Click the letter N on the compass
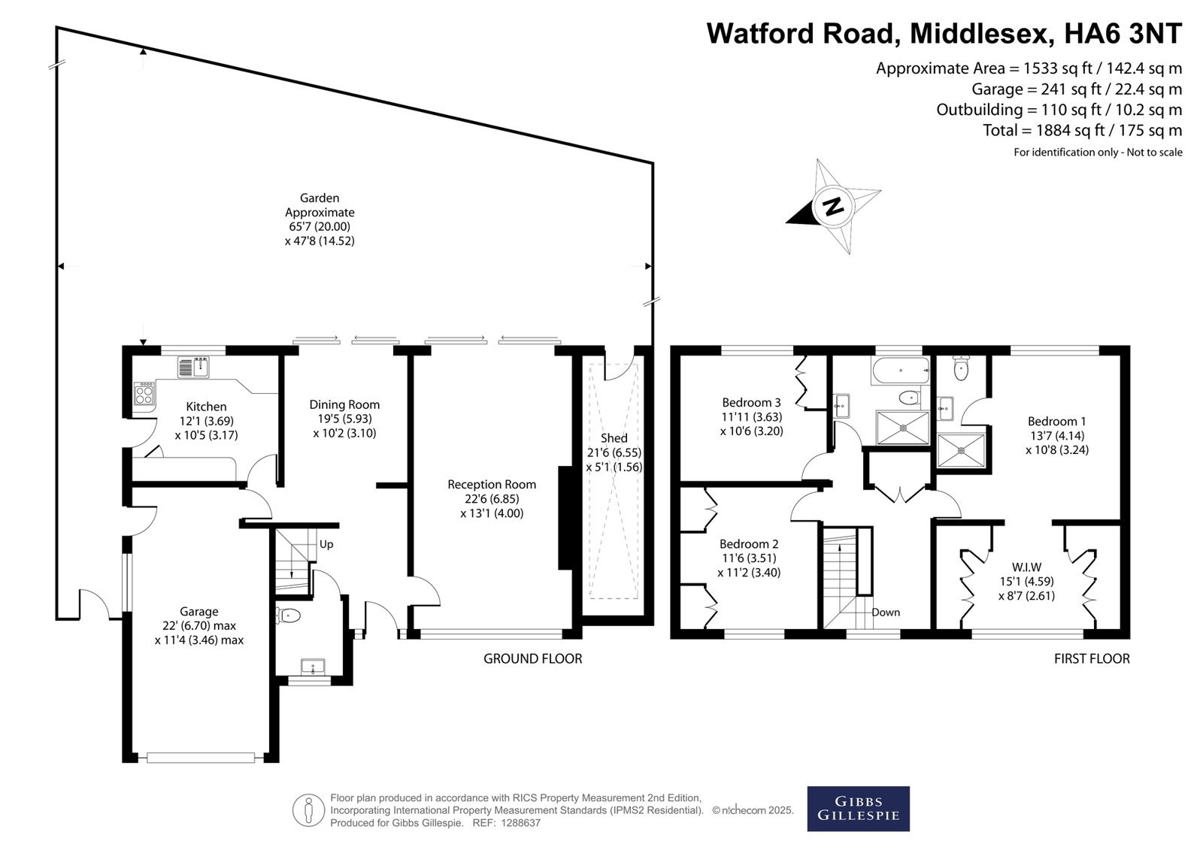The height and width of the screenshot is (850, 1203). click(833, 206)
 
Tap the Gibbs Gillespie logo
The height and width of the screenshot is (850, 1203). click(858, 809)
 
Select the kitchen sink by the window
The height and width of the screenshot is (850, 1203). click(193, 368)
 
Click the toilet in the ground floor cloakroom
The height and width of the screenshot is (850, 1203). click(288, 616)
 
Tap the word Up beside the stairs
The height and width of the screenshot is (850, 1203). click(326, 544)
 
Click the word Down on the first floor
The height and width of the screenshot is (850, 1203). click(886, 612)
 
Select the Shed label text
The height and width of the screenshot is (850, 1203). click(614, 438)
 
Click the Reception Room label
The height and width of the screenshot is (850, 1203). click(492, 484)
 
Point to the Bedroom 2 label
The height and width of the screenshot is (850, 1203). click(749, 544)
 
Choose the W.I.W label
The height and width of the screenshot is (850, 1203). click(1027, 567)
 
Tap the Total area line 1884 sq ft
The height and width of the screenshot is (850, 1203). click(1083, 130)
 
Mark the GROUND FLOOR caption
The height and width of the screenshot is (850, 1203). click(533, 658)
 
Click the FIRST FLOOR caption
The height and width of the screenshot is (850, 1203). click(1092, 658)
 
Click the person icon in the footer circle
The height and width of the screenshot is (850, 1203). click(308, 810)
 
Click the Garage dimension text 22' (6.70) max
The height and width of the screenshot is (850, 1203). click(199, 625)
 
